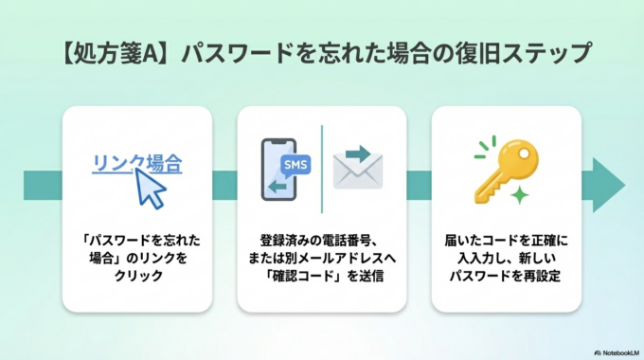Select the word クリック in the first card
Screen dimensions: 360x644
136,276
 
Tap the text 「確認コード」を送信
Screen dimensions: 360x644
322,276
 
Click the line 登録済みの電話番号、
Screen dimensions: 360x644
322,239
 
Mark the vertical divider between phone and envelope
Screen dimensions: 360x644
322,171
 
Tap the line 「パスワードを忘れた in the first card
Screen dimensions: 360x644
136,239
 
